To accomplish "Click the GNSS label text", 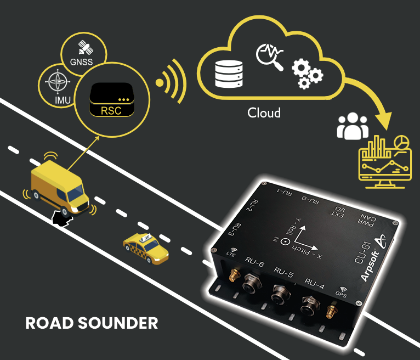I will click(82, 62).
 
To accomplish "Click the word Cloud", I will click(264, 113).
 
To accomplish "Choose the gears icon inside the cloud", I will click(307, 74).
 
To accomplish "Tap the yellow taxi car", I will click(145, 248).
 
